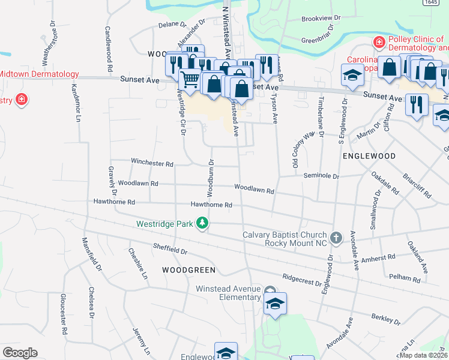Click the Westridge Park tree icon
coord(203,223)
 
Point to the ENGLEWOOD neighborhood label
coord(369,155)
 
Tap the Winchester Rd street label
coord(152,163)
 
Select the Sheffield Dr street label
coord(170,247)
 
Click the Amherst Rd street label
coord(382,257)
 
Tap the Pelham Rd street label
coord(408,278)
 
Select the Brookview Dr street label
coord(321,19)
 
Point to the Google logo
coord(20,352)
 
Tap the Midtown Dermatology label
coord(39,74)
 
